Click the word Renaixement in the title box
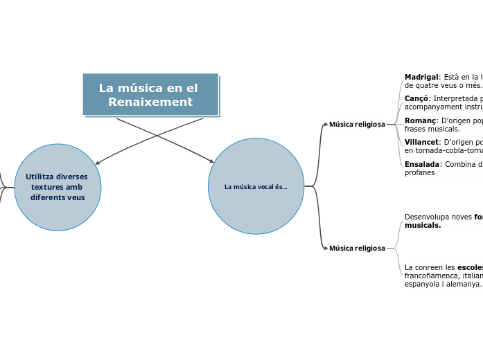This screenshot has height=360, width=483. click(x=150, y=102)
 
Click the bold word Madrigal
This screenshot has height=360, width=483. click(x=421, y=77)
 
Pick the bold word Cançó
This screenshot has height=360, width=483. click(x=416, y=98)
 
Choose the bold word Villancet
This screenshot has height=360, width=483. click(x=421, y=142)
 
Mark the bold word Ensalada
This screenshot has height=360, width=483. click(x=422, y=164)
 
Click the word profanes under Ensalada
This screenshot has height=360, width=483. click(x=420, y=172)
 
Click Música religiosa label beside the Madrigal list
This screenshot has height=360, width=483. click(x=357, y=125)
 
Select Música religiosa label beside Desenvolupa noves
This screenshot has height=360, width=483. click(x=357, y=248)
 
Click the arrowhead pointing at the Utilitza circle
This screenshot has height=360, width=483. click(x=98, y=163)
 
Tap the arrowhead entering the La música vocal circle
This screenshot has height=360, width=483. click(x=211, y=161)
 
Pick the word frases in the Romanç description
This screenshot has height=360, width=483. click(x=415, y=129)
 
